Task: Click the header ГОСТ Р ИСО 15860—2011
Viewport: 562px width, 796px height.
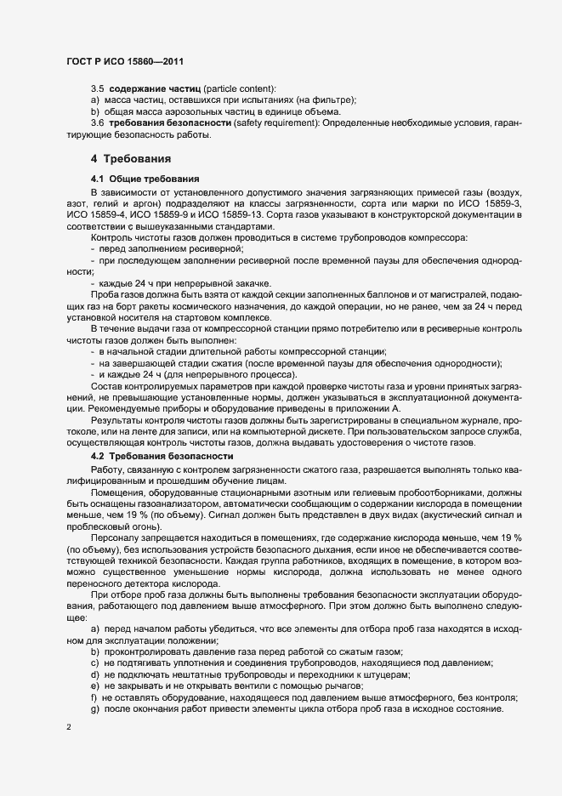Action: [x=124, y=62]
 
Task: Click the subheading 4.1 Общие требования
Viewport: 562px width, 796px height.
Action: [x=145, y=179]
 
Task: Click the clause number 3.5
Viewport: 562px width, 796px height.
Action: [x=97, y=88]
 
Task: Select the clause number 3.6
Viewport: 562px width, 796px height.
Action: [x=97, y=123]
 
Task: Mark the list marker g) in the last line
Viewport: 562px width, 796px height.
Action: [x=95, y=710]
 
